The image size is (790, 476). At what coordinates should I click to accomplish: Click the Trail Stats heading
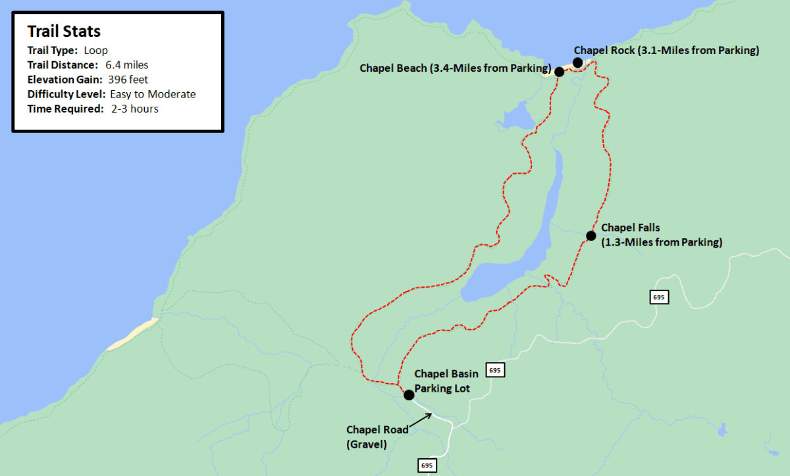tap(64, 32)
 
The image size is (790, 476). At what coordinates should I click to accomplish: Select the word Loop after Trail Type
tap(96, 50)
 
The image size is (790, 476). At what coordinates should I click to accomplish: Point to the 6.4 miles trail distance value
tap(126, 65)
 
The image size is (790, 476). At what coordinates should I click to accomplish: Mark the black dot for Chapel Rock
tap(577, 63)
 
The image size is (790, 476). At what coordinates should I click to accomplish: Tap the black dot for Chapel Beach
tap(559, 72)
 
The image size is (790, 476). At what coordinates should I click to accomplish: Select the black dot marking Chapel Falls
tap(591, 236)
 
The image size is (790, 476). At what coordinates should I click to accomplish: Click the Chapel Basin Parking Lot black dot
tap(408, 395)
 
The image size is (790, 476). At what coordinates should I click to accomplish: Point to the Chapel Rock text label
tap(666, 50)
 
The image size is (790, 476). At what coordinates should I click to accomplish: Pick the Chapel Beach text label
tap(454, 68)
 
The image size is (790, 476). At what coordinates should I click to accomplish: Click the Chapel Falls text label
tap(661, 235)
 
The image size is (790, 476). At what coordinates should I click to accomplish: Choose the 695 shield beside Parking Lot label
tap(495, 371)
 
